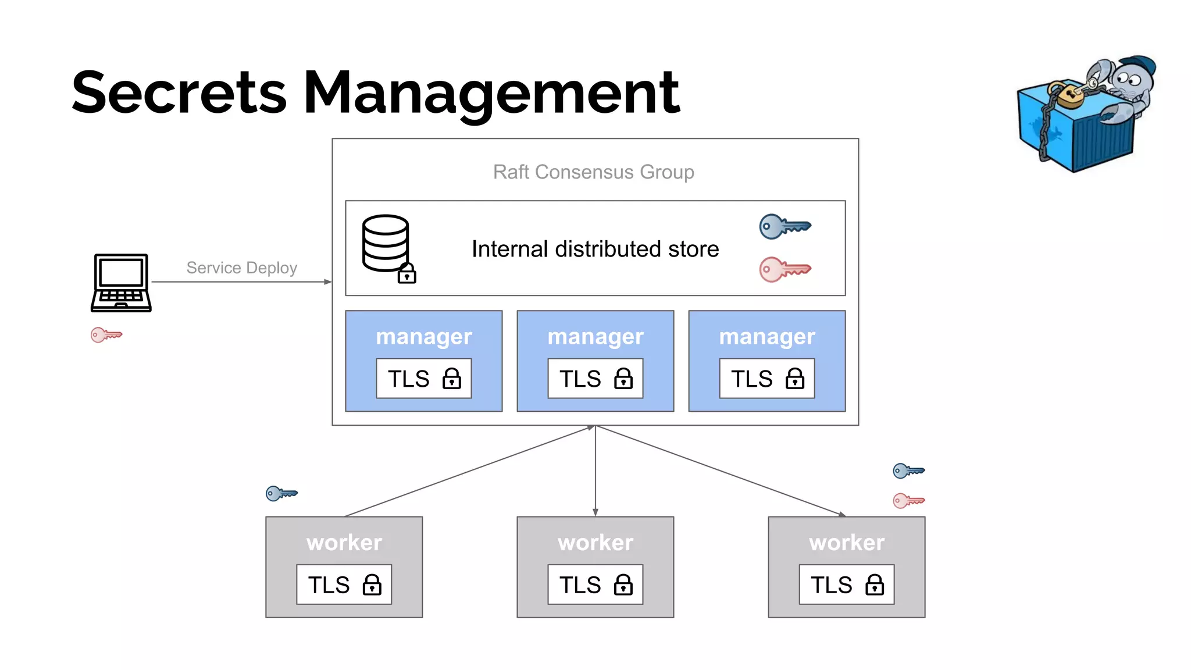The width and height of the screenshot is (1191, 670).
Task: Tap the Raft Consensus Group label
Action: point(593,172)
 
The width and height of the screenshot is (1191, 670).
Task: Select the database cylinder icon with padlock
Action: point(387,248)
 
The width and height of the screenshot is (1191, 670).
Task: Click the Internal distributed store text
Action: point(595,249)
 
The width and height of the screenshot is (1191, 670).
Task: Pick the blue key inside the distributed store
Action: point(784,226)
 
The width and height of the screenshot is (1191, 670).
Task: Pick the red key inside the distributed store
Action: point(784,269)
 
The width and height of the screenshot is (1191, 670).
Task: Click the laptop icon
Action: point(121,283)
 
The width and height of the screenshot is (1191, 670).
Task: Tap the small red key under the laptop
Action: point(106,335)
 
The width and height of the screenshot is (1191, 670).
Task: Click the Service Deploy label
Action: point(241,268)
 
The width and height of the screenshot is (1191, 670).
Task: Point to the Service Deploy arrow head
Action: point(329,282)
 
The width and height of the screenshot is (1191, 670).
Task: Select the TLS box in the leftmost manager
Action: point(423,379)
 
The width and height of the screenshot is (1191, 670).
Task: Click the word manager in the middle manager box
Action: point(595,337)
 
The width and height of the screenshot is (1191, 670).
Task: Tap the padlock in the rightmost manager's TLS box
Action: point(794,379)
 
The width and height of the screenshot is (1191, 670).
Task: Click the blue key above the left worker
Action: point(281,494)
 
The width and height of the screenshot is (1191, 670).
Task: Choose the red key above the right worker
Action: point(908,500)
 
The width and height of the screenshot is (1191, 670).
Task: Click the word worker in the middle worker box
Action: point(595,543)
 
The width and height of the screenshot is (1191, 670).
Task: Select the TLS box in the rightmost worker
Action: point(846,585)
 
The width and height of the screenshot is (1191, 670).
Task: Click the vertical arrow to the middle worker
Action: point(595,471)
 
